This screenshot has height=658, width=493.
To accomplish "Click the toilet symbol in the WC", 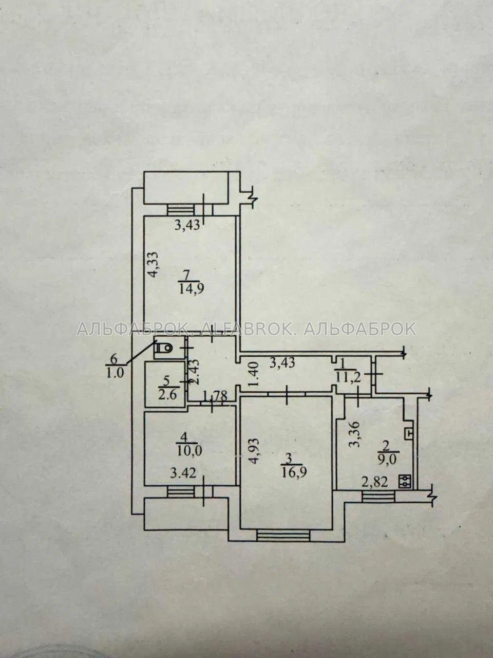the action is point(163,348).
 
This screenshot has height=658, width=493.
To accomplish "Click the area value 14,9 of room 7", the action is point(192,289).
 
